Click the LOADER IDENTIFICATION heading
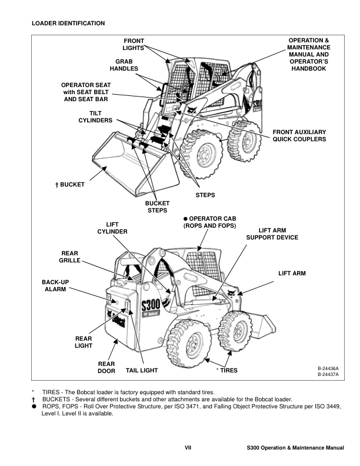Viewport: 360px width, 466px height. pyautogui.click(x=68, y=23)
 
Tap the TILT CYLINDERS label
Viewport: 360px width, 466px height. pyautogui.click(x=96, y=116)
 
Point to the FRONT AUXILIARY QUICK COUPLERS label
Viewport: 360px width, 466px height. pyautogui.click(x=299, y=135)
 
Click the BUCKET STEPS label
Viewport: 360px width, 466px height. pyautogui.click(x=157, y=207)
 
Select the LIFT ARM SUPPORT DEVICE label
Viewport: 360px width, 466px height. pyautogui.click(x=272, y=234)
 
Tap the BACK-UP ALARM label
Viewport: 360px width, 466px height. pyautogui.click(x=55, y=286)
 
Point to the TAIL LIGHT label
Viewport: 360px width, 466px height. pyautogui.click(x=142, y=371)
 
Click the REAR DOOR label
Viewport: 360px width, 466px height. pyautogui.click(x=106, y=367)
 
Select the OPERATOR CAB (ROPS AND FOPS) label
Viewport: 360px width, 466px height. pyautogui.click(x=209, y=222)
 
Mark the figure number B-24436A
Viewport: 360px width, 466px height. pyautogui.click(x=328, y=368)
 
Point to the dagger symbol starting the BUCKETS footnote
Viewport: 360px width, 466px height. pyautogui.click(x=34, y=399)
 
